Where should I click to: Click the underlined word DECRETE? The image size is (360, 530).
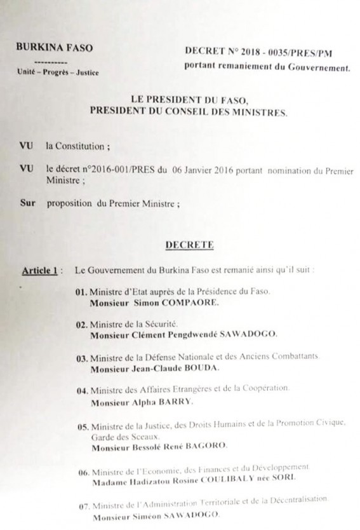184,243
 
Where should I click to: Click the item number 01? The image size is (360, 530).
81,292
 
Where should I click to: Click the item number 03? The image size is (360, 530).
81,358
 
